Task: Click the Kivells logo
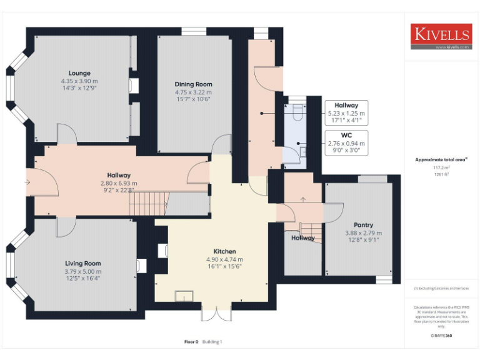(x=441, y=36)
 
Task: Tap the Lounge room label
(x=79, y=73)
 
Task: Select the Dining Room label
(x=193, y=84)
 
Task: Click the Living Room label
(x=82, y=264)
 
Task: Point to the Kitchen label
(x=224, y=251)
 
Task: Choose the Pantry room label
(x=363, y=224)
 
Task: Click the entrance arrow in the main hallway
(x=26, y=182)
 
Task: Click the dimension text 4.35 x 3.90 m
(x=79, y=81)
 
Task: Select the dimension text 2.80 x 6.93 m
(x=118, y=183)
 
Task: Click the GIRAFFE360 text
(x=441, y=336)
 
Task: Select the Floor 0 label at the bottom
(x=191, y=342)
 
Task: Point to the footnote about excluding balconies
(x=441, y=288)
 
